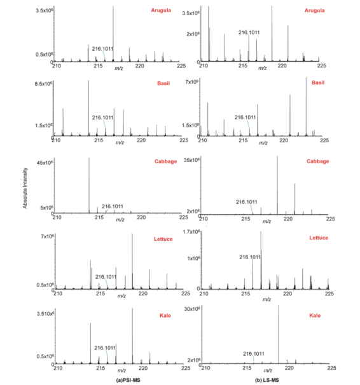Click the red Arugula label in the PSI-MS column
[161, 10]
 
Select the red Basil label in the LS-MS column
[318, 83]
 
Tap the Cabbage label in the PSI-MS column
[165, 161]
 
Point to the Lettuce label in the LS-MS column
[319, 238]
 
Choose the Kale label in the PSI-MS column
[165, 316]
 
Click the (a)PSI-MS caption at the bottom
[128, 380]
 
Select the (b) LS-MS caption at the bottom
[267, 381]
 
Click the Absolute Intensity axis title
[25, 188]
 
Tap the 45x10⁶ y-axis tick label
[45, 163]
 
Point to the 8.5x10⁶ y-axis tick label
[43, 84]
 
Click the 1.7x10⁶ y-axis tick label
[191, 232]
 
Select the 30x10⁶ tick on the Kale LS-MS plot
[192, 309]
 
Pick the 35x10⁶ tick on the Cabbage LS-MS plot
[191, 160]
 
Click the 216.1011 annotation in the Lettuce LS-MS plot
[250, 257]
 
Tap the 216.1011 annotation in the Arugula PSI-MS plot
[102, 49]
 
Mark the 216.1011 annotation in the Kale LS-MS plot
[254, 354]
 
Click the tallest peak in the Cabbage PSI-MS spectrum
[89, 185]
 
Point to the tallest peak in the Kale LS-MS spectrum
[279, 334]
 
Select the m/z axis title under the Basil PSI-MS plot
[120, 143]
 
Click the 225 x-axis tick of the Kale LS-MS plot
[331, 368]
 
